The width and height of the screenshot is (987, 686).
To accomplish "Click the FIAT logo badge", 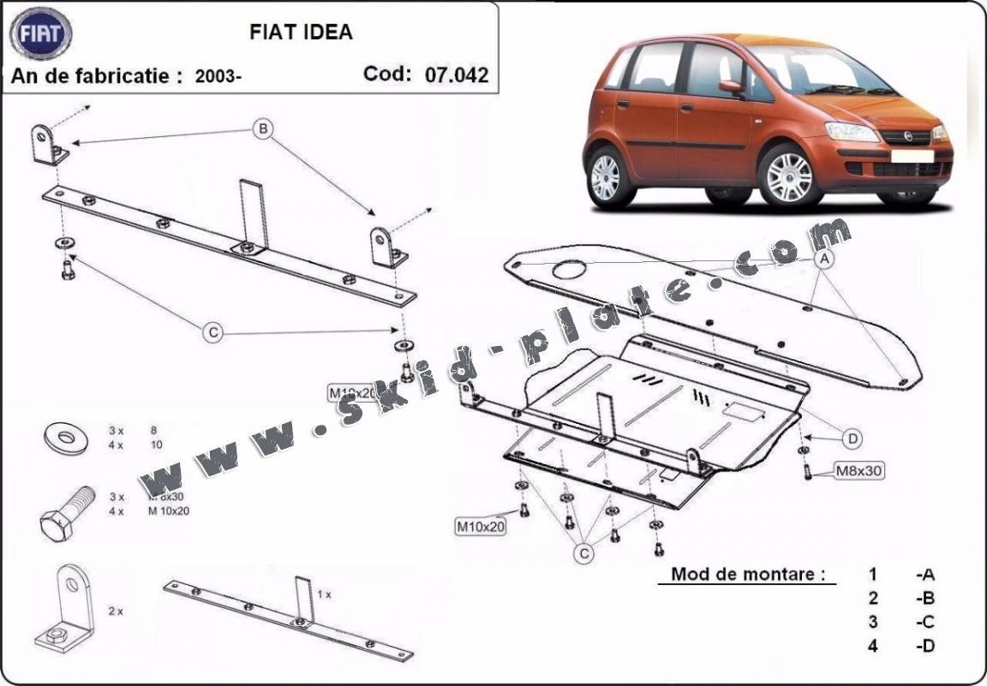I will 40,34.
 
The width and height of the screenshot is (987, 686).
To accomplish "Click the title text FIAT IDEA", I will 301,33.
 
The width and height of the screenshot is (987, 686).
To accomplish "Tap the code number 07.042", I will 456,75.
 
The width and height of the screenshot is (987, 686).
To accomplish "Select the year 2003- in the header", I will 218,76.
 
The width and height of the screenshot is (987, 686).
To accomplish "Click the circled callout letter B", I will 264,129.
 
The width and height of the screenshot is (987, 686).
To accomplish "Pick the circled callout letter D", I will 852,439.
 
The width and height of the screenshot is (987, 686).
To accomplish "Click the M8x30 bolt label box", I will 858,469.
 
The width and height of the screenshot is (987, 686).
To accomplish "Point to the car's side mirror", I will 730,86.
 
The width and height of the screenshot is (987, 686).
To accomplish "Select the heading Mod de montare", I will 741,574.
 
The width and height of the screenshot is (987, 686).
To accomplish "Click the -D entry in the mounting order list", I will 924,646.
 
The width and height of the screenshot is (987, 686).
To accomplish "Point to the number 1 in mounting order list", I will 872,574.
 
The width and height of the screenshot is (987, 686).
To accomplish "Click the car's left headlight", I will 852,132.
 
